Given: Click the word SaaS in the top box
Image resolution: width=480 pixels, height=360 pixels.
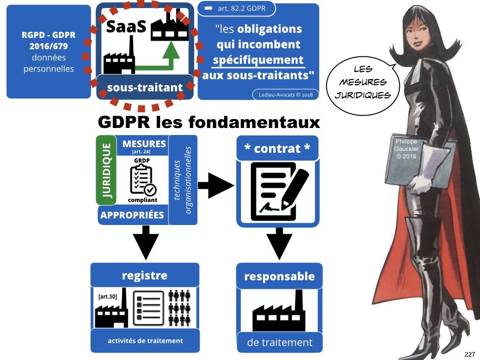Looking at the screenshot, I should pyautogui.click(x=126, y=27).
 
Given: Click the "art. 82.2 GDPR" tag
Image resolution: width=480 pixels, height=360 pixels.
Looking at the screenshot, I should pyautogui.click(x=236, y=9).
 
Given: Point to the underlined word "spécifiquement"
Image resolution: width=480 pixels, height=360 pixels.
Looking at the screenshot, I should pyautogui.click(x=258, y=60).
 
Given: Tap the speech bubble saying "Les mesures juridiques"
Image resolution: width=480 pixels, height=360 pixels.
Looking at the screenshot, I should pyautogui.click(x=363, y=82).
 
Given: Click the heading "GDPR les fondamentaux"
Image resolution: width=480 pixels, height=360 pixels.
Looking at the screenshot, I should pyautogui.click(x=209, y=122).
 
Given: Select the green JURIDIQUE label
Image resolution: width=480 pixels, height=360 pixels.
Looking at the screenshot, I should pyautogui.click(x=106, y=171).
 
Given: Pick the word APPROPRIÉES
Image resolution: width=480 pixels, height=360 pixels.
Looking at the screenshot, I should pyautogui.click(x=132, y=215).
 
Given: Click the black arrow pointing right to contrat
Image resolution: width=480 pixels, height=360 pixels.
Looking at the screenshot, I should pyautogui.click(x=215, y=186).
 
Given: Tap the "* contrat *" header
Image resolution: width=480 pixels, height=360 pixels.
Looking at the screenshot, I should pyautogui.click(x=277, y=149).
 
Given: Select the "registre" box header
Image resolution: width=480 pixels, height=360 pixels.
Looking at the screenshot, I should pyautogui.click(x=144, y=275).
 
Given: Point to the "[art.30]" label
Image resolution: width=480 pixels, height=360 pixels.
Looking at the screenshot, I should pyautogui.click(x=107, y=297).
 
